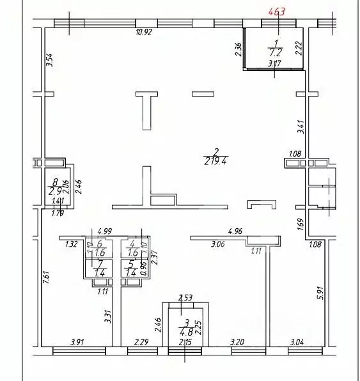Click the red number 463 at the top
point(277,10)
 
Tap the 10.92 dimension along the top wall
point(146,33)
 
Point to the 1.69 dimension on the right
point(301,224)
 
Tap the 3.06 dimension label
point(219,243)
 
